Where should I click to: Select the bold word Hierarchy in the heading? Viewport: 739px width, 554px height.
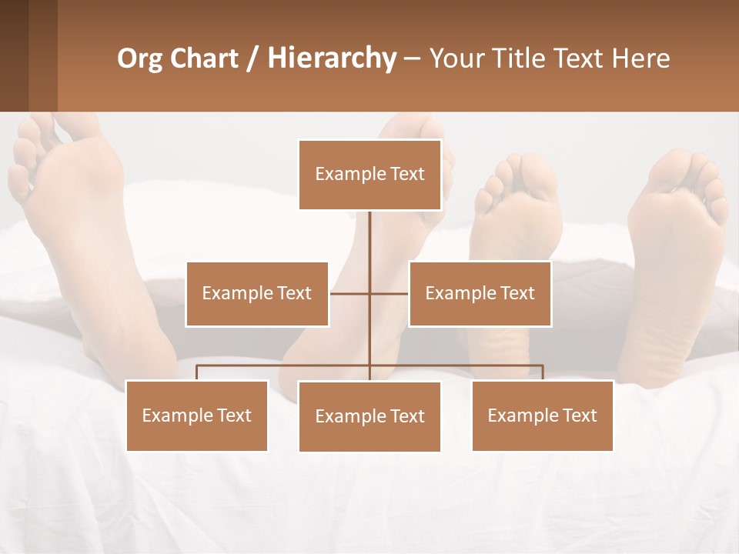click(x=332, y=59)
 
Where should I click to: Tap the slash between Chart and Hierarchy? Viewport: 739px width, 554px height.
click(x=252, y=59)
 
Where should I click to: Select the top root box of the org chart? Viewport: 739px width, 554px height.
click(x=370, y=175)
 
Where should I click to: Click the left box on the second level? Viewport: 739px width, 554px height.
click(x=257, y=294)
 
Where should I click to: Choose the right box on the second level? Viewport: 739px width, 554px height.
click(x=480, y=294)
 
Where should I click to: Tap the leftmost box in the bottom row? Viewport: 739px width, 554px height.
click(x=197, y=416)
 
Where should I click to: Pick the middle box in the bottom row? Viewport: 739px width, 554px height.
click(x=370, y=417)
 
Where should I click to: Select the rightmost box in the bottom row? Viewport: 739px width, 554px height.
click(x=543, y=416)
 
